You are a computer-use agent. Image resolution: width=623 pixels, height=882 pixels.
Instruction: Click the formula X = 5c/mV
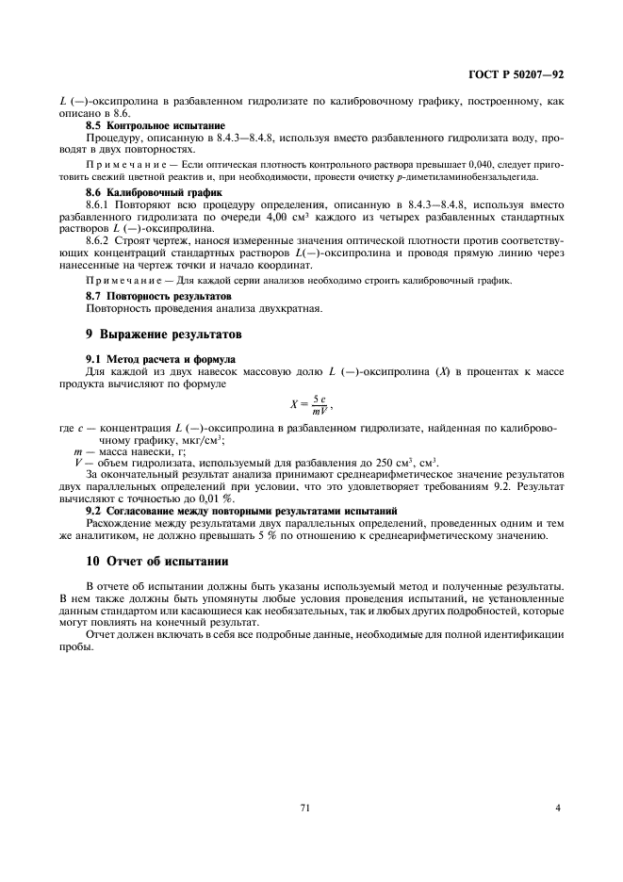coord(311,404)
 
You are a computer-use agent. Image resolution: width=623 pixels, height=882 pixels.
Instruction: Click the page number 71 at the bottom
coord(305,808)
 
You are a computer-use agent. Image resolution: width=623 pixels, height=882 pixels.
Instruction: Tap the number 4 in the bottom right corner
coord(558,808)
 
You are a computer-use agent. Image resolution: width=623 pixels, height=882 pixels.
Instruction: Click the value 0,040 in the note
coord(478,164)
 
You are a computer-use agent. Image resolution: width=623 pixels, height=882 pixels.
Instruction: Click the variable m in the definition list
coord(77,451)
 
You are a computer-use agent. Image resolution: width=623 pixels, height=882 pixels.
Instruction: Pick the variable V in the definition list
coord(78,463)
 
